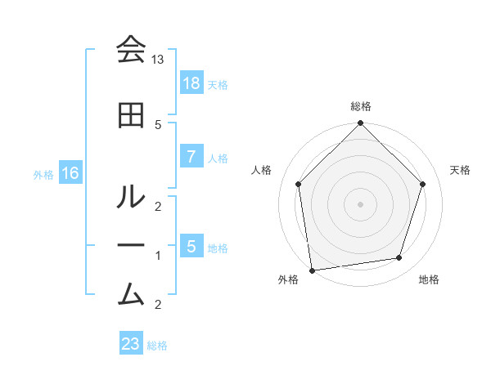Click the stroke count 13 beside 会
click(158, 60)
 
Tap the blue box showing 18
click(191, 83)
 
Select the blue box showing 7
click(191, 157)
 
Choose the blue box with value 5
click(191, 247)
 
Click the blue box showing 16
click(70, 173)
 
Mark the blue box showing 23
click(131, 344)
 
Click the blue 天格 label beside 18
click(218, 84)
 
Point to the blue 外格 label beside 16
click(43, 174)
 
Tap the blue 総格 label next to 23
click(157, 346)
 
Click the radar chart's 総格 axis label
click(360, 106)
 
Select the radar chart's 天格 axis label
click(460, 170)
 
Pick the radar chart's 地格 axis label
click(429, 280)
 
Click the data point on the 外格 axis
click(312, 270)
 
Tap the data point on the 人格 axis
click(298, 184)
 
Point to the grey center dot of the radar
click(360, 203)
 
